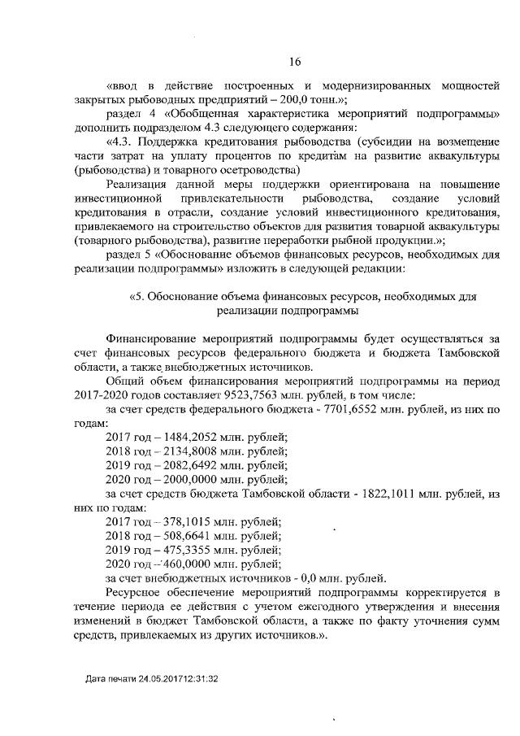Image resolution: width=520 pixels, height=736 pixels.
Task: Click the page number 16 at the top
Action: click(x=295, y=59)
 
